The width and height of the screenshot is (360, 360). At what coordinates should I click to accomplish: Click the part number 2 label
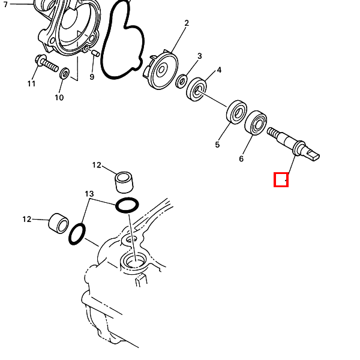187,23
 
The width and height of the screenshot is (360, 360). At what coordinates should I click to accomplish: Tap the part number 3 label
200,56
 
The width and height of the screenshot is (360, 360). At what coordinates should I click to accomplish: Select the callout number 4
219,70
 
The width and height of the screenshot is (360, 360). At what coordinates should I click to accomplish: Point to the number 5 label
217,145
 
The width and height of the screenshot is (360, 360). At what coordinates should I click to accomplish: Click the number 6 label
241,158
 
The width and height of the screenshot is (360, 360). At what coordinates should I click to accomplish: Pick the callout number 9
92,77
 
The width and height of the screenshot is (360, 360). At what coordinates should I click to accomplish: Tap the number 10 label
59,98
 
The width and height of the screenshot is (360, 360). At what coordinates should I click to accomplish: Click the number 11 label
31,83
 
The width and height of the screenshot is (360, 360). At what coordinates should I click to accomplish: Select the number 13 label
89,194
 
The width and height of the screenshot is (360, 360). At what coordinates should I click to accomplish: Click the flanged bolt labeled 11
47,63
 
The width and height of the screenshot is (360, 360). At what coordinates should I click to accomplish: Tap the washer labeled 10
65,73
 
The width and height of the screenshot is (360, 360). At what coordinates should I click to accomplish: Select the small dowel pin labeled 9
95,53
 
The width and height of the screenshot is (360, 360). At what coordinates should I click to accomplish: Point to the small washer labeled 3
181,81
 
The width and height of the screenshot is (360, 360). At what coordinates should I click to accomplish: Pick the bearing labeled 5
236,112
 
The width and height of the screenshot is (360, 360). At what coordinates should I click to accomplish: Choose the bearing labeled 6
256,123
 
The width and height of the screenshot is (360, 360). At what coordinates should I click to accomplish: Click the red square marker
281,179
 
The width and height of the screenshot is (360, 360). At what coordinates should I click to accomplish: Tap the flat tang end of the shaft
313,155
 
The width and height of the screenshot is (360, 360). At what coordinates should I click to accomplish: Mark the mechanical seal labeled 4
196,89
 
